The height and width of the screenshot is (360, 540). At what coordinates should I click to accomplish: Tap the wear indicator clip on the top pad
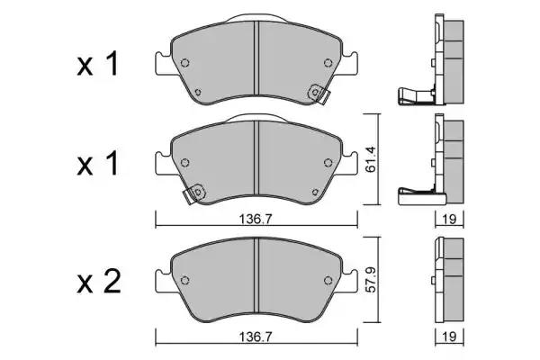point(317,92)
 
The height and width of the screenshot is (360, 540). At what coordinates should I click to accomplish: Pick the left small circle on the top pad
point(186,63)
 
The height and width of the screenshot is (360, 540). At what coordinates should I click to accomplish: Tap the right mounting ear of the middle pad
point(352,162)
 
